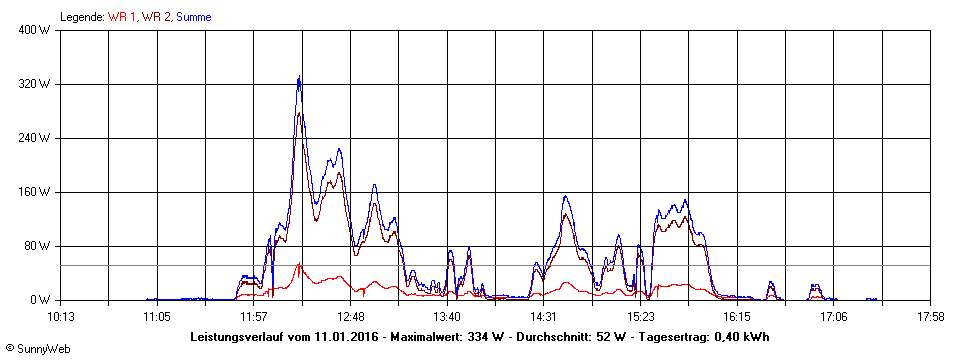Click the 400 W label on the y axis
pyautogui.click(x=37, y=30)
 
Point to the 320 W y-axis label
pyautogui.click(x=37, y=84)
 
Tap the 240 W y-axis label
pyautogui.click(x=37, y=138)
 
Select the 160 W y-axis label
pyautogui.click(x=37, y=192)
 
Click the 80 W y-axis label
pyautogui.click(x=39, y=246)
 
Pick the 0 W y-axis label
pyautogui.click(x=42, y=300)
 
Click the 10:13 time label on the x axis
pyautogui.click(x=61, y=316)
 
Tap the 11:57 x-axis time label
pyautogui.click(x=254, y=316)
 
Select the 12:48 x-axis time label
pyautogui.click(x=350, y=316)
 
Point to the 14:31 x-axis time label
pyautogui.click(x=544, y=316)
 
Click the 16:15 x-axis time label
pyautogui.click(x=737, y=316)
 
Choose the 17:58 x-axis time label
pyautogui.click(x=930, y=316)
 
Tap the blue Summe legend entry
pyautogui.click(x=193, y=17)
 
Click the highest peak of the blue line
pyautogui.click(x=299, y=77)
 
